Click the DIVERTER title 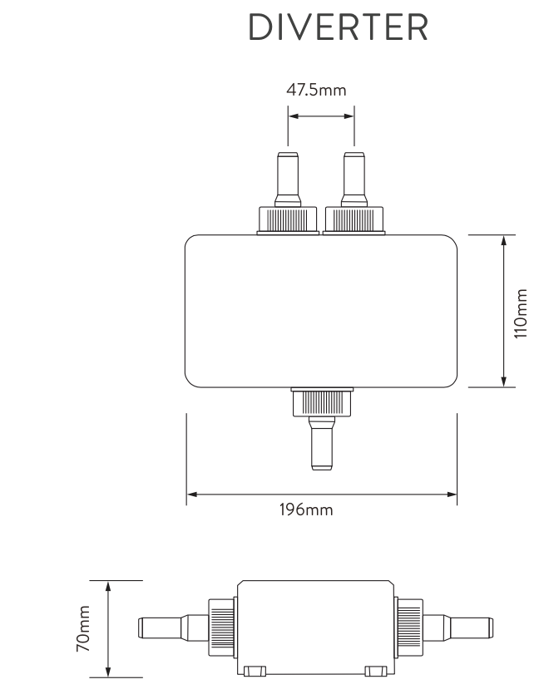tap(339, 28)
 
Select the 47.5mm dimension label tap(316, 90)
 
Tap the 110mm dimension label tap(522, 313)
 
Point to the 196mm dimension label tap(305, 509)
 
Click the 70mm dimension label tap(83, 629)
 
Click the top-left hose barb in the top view tap(288, 179)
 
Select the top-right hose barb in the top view tap(354, 179)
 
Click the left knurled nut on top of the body tap(288, 219)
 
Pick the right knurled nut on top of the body tap(355, 219)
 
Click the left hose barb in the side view tap(162, 628)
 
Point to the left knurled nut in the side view tap(222, 629)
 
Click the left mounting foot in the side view tap(256, 671)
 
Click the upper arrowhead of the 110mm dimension tap(504, 240)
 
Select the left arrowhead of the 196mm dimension tap(191, 495)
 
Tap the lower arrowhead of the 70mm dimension tap(108, 672)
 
